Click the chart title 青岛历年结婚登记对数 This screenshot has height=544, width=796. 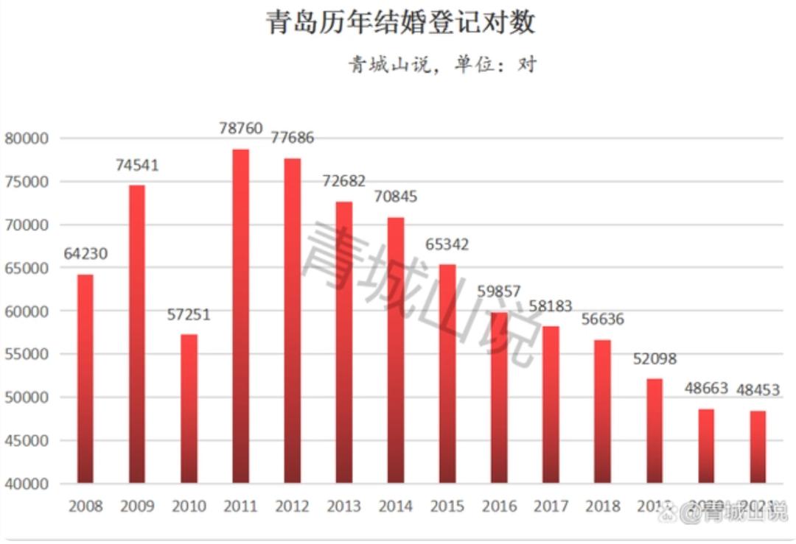[x=400, y=22]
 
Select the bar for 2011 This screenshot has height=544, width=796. [x=240, y=317]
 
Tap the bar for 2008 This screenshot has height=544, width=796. [x=85, y=379]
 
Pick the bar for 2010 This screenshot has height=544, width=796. [x=189, y=409]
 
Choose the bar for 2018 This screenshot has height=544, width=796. [x=602, y=411]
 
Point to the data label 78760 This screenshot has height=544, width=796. [x=240, y=129]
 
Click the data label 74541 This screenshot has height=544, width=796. [x=137, y=165]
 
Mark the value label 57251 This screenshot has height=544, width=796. [x=189, y=315]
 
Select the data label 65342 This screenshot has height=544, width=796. [x=447, y=244]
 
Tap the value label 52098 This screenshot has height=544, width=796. [x=654, y=359]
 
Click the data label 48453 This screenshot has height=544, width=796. [x=758, y=391]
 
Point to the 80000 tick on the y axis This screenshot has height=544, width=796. [x=27, y=138]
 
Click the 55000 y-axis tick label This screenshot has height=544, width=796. [x=27, y=354]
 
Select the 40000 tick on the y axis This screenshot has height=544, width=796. [x=27, y=484]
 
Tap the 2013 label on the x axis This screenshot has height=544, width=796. [x=344, y=506]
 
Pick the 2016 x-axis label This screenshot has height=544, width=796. [x=499, y=506]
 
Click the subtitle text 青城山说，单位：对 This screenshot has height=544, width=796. [x=442, y=65]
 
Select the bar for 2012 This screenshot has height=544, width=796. [x=292, y=321]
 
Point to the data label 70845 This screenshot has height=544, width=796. [x=396, y=197]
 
